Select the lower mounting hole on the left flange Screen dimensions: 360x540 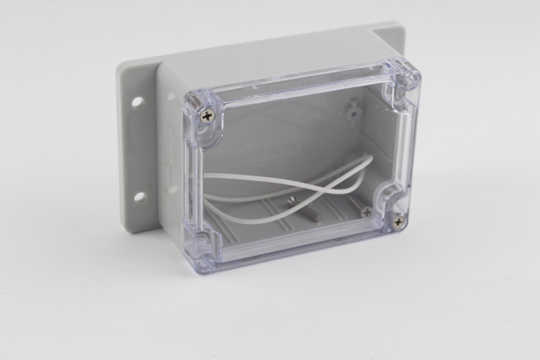(x=140, y=196)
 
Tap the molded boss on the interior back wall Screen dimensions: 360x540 (x=354, y=109)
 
